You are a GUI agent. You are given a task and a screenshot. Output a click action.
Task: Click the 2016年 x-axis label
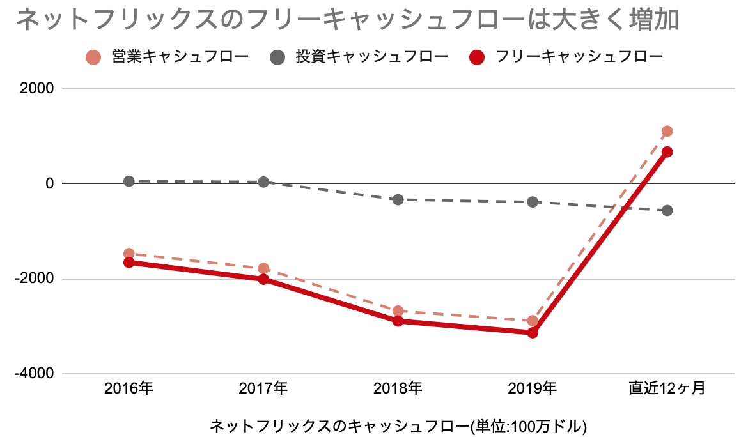pos(129,388)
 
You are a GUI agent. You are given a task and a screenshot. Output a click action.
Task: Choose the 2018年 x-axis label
pos(398,388)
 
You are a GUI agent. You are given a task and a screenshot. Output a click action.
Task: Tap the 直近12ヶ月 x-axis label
pos(666,388)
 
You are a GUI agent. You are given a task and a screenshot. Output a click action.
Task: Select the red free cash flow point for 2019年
pos(533,332)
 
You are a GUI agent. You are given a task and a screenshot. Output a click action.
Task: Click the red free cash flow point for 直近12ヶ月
pos(667,152)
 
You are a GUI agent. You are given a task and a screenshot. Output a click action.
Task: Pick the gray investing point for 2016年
pos(129,181)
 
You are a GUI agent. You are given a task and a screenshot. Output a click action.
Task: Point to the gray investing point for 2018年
pos(398,199)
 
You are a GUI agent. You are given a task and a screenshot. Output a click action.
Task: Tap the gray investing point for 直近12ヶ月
pos(667,210)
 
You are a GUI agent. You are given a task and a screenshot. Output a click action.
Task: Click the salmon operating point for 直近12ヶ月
pos(667,131)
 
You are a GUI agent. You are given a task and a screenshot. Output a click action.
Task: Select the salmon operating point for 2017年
pos(263,268)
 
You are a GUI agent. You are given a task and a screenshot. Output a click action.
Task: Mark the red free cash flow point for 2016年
pos(129,262)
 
